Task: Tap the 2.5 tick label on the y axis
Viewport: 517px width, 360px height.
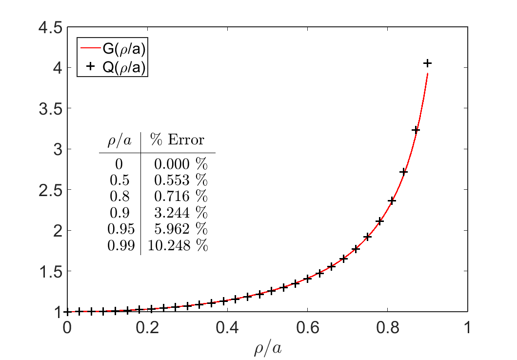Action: tap(51, 190)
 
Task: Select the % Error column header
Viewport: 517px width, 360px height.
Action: tap(177, 140)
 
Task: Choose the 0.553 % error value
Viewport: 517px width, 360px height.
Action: tap(180, 180)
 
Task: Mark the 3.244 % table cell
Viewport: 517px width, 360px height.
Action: tap(180, 213)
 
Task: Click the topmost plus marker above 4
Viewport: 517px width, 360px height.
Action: tap(427, 63)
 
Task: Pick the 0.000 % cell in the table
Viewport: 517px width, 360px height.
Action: tap(180, 163)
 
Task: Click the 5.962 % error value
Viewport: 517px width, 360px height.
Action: tap(180, 230)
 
